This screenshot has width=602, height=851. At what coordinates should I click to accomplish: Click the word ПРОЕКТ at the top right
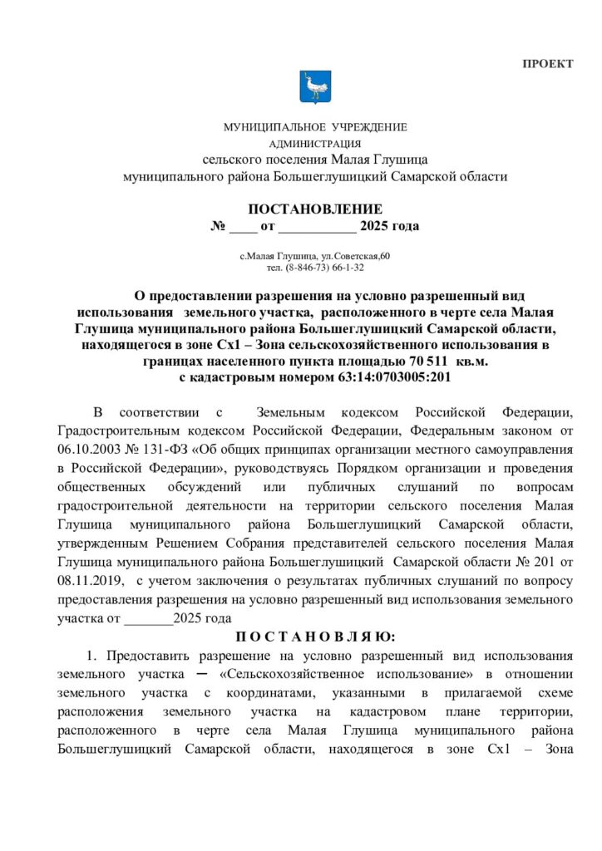547,65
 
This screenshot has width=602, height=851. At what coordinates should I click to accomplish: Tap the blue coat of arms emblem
314,86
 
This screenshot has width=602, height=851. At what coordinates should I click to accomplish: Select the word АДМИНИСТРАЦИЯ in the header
315,143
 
